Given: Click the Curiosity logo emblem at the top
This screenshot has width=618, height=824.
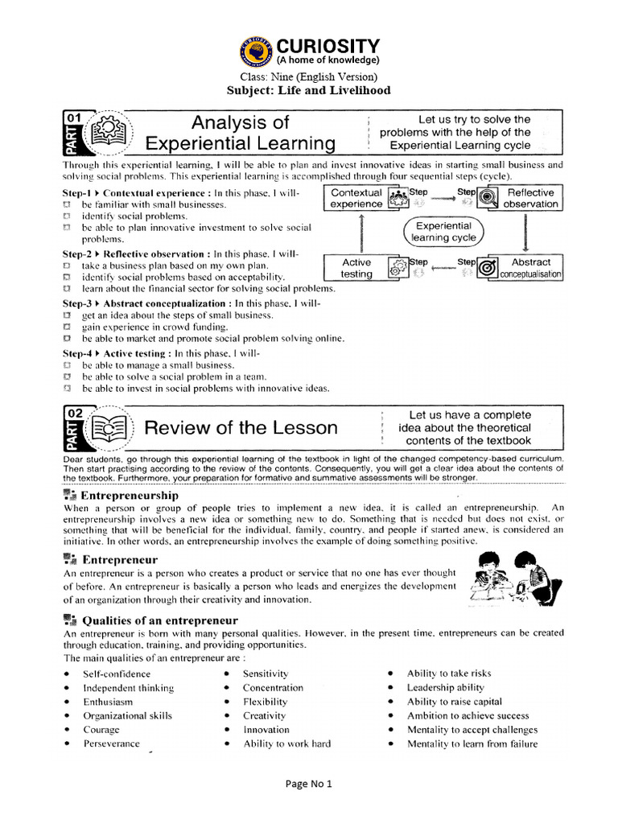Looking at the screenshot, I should (256, 51).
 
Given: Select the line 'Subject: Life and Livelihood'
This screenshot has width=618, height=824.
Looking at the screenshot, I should (310, 90).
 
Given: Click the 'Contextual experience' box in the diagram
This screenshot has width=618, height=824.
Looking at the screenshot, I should (356, 199).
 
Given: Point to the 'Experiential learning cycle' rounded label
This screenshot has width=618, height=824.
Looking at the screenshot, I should (443, 232).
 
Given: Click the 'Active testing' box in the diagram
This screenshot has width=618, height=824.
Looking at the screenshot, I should (356, 268).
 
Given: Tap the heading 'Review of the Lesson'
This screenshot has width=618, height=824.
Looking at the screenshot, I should (241, 427).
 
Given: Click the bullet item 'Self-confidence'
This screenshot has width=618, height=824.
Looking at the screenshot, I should (117, 674).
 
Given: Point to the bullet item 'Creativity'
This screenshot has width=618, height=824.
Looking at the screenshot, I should (265, 715).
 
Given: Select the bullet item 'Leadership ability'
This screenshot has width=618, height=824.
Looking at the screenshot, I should (446, 687).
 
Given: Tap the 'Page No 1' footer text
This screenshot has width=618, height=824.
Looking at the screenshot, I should (309, 784).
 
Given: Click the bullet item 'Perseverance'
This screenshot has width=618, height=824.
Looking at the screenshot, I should (111, 744).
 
